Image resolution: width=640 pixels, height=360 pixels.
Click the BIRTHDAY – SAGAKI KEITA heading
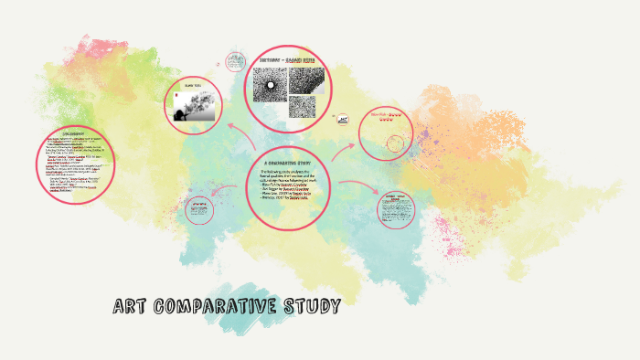(290, 59)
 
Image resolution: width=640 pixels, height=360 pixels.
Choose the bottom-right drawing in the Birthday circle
(303, 108)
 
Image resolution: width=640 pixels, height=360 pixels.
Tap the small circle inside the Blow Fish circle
(396, 143)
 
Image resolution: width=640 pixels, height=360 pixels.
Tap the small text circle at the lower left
(197, 211)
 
